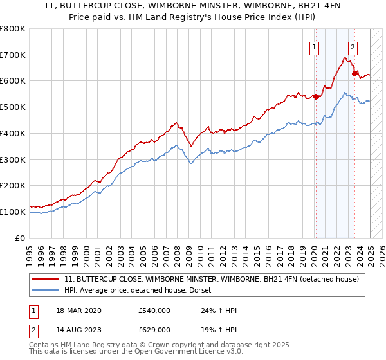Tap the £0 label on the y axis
pos(21,238)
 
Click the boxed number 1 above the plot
pos(315,46)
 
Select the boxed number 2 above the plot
pos(353,46)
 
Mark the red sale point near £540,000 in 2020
pos(316,97)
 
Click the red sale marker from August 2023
pos(354,73)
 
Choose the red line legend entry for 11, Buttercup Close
pos(216,279)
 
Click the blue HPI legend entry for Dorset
pos(142,290)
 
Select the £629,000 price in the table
pos(154,329)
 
